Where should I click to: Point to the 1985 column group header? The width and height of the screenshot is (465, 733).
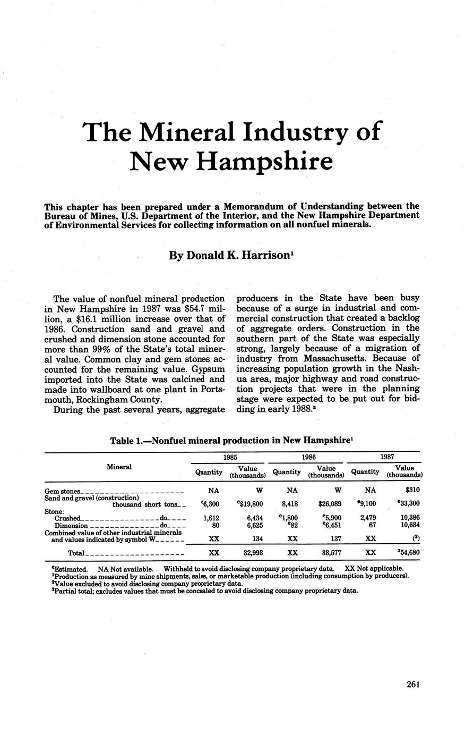[x=230, y=457]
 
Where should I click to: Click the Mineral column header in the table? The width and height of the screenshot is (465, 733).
[x=119, y=467]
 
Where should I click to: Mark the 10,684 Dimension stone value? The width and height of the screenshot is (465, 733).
[x=409, y=525]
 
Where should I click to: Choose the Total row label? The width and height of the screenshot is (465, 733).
[x=76, y=553]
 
